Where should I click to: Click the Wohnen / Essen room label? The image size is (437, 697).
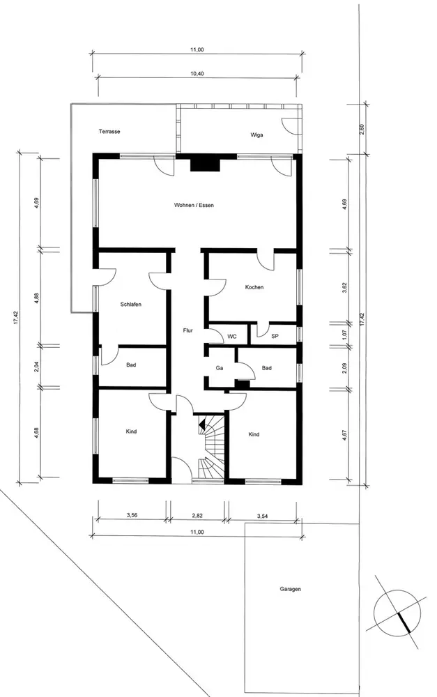[x=194, y=206]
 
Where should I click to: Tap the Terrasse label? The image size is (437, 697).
[x=109, y=132]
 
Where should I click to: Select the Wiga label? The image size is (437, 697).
[x=256, y=135]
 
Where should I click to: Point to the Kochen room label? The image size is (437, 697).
[x=254, y=287]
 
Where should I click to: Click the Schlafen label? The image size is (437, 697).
[x=131, y=305]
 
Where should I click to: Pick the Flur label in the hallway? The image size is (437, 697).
[x=187, y=330]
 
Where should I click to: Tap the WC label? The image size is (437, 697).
[x=232, y=337]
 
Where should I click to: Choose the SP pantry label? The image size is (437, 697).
[x=275, y=337]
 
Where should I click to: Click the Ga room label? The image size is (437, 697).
[x=219, y=368]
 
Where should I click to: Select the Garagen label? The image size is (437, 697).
[x=291, y=589]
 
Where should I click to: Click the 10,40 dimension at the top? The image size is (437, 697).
[x=197, y=74]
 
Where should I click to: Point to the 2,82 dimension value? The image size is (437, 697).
[x=197, y=516]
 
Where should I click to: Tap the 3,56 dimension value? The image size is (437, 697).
[x=131, y=516]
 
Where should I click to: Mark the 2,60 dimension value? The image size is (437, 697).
[x=362, y=130]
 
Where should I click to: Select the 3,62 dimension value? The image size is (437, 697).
[x=344, y=288]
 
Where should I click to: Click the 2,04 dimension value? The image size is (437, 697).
[x=37, y=367]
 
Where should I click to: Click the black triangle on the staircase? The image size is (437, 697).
[x=202, y=424]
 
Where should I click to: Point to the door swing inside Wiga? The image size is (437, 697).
[x=291, y=125]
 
